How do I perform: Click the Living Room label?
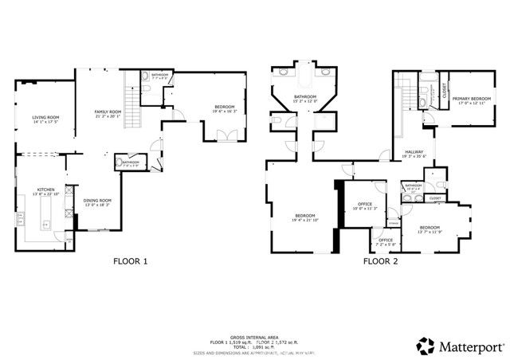[45, 119]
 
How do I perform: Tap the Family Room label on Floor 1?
[108, 112]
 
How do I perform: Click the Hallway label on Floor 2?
[414, 153]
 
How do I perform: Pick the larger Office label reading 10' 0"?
[365, 206]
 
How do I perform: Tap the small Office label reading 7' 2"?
[386, 241]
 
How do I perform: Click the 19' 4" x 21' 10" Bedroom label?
[305, 217]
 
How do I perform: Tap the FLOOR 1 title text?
[129, 260]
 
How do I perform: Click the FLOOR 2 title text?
[382, 260]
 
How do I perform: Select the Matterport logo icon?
[426, 346]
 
